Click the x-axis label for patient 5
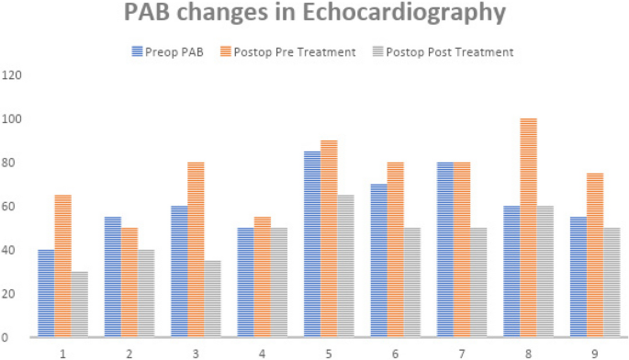tap(329, 352)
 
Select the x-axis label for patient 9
tap(595, 352)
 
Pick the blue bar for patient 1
tap(46, 293)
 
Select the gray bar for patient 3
tap(212, 298)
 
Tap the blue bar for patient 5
tap(312, 244)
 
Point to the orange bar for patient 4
tap(263, 276)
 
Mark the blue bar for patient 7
tap(444, 250)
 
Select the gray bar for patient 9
tap(611, 282)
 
